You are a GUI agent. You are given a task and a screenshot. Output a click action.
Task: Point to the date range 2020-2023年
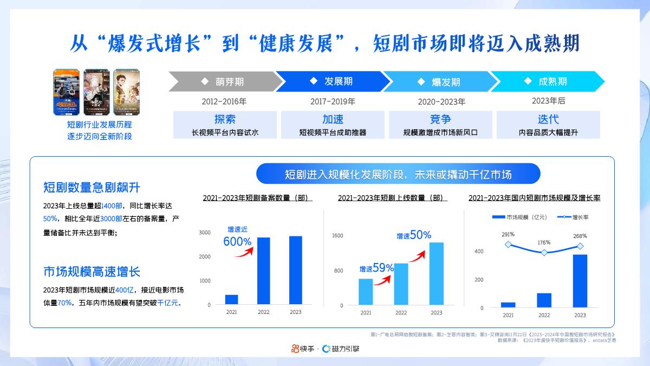pyautogui.click(x=441, y=101)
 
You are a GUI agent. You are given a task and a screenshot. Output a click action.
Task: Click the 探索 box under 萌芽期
pyautogui.click(x=225, y=125)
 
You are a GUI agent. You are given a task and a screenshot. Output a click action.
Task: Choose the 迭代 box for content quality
pyautogui.click(x=548, y=125)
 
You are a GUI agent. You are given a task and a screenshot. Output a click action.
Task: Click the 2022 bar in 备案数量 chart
pyautogui.click(x=263, y=271)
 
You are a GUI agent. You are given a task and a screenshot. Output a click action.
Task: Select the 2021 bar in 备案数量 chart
pyautogui.click(x=231, y=299)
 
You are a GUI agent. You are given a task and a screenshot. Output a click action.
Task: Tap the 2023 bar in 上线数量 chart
pyautogui.click(x=436, y=273)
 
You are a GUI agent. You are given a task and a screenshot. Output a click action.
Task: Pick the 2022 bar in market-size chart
pyautogui.click(x=544, y=300)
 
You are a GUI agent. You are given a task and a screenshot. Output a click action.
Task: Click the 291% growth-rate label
pyautogui.click(x=508, y=235)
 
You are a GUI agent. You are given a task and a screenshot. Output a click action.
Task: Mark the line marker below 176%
pyautogui.click(x=544, y=253)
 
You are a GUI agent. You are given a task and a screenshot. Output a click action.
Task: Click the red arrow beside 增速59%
pyautogui.click(x=383, y=279)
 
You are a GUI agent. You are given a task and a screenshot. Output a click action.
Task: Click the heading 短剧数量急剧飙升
pyautogui.click(x=92, y=188)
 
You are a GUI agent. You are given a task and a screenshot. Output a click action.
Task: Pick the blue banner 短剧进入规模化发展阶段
pyautogui.click(x=398, y=175)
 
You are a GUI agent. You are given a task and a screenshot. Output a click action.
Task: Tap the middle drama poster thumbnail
pyautogui.click(x=96, y=92)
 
